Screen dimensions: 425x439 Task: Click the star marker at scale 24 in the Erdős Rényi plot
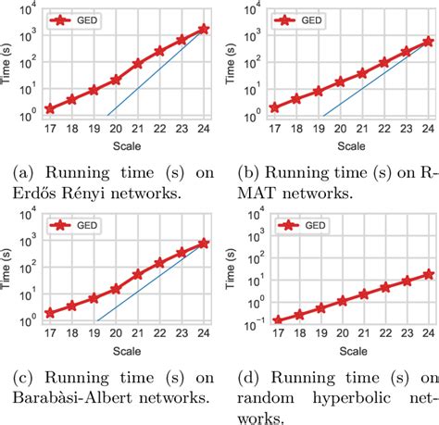[204, 30]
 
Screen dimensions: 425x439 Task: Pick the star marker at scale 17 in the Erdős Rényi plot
[49, 108]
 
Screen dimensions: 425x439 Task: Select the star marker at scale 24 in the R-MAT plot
[427, 41]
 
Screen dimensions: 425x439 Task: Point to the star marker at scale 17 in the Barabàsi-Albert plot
[49, 313]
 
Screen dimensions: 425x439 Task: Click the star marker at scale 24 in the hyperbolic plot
[427, 273]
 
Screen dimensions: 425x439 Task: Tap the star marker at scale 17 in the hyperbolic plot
[277, 319]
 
